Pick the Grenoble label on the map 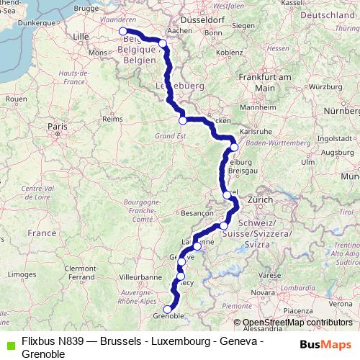pyautogui.click(x=171, y=316)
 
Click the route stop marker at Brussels pyautogui.click(x=124, y=31)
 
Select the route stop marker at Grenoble pyautogui.click(x=168, y=310)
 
